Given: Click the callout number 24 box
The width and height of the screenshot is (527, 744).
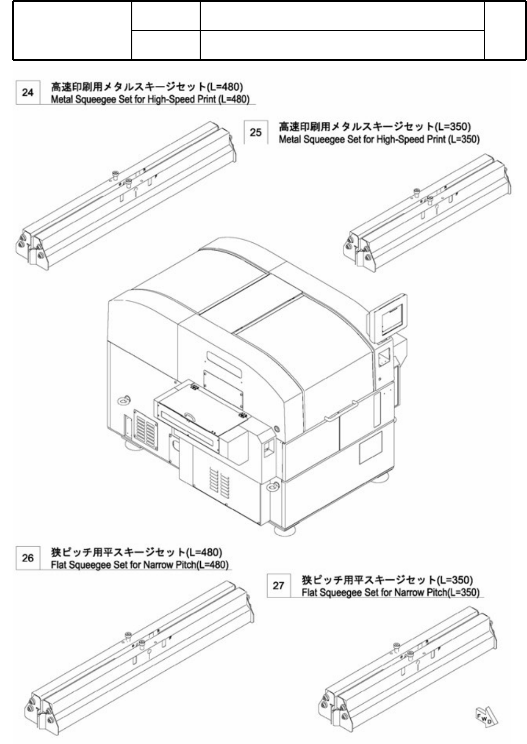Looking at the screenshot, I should [x=28, y=93].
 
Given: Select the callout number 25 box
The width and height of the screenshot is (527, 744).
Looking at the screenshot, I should [x=256, y=132].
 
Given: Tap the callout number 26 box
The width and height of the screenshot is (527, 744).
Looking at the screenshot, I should [x=28, y=558].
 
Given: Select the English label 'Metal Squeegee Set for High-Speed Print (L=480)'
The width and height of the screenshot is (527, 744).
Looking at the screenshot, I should [x=150, y=99].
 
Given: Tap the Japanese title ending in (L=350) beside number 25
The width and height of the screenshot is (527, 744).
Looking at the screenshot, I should [x=375, y=126].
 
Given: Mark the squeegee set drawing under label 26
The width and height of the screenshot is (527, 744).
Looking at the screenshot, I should [x=139, y=657].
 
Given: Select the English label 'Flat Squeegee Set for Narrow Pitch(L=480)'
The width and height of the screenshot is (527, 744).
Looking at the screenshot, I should [x=140, y=566].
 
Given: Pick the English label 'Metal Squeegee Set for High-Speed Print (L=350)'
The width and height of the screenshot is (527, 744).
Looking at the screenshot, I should [x=379, y=140].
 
